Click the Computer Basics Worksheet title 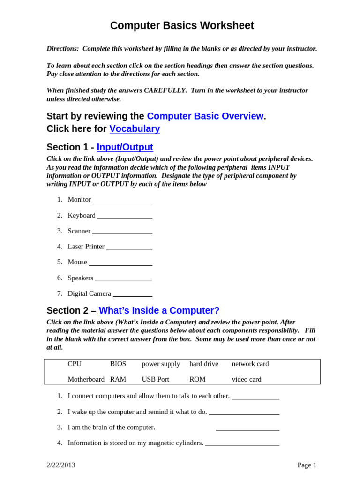182,26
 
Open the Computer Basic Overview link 205,116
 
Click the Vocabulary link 135,128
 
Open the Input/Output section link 125,147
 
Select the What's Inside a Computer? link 159,310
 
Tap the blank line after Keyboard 125,216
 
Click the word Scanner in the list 79,231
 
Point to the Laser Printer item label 86,246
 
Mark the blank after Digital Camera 133,294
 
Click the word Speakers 80,277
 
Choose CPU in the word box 75,364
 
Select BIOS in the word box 118,364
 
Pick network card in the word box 250,364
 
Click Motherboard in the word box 86,379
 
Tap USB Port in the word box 155,379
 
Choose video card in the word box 247,379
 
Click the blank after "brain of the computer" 247,428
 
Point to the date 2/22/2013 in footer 61,465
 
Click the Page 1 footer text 307,465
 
